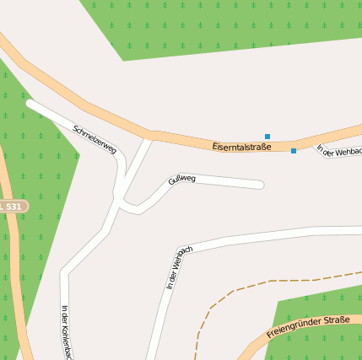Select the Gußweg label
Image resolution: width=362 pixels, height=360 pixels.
pyautogui.click(x=181, y=179)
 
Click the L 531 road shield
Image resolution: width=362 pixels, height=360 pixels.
pyautogui.click(x=12, y=206)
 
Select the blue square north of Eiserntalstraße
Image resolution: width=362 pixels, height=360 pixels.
pyautogui.click(x=267, y=136)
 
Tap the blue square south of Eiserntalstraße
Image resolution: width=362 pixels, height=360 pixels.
pyautogui.click(x=294, y=151)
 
